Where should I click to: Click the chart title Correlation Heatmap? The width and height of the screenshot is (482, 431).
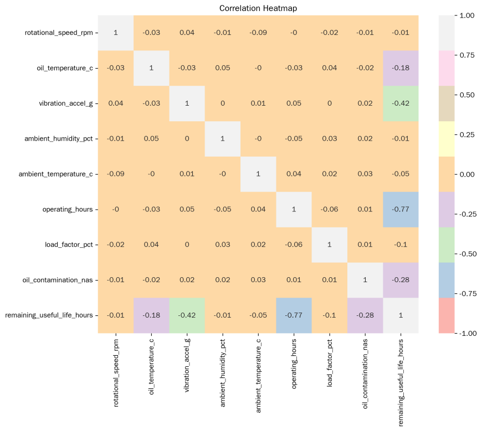[x=258, y=8]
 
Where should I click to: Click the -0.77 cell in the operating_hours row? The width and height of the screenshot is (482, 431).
[x=401, y=209]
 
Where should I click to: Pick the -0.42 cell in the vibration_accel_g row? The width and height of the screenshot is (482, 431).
[x=401, y=103]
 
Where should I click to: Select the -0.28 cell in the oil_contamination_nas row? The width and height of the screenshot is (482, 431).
[x=401, y=280]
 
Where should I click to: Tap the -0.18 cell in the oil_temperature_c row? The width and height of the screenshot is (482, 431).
[x=401, y=67]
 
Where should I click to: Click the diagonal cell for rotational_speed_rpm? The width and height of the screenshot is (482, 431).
[x=116, y=32]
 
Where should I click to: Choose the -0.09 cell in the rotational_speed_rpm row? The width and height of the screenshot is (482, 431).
[x=258, y=32]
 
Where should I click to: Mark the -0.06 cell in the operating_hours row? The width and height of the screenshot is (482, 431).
[x=330, y=209]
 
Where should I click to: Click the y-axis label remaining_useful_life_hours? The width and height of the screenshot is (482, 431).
[x=49, y=315]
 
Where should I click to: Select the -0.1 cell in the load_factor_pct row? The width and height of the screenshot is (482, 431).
[x=401, y=245]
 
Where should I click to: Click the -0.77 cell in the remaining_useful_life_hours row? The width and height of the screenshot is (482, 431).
[x=294, y=315]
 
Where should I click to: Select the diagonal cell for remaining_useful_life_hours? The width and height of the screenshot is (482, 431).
[x=401, y=315]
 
